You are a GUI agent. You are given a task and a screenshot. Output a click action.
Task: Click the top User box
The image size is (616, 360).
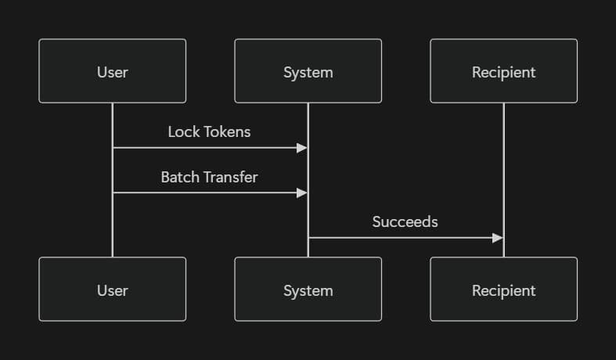click(112, 71)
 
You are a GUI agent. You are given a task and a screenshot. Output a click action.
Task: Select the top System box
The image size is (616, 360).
click(308, 71)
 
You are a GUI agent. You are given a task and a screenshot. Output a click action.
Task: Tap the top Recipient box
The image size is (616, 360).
click(503, 71)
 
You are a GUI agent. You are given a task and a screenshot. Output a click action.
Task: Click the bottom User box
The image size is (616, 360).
click(112, 290)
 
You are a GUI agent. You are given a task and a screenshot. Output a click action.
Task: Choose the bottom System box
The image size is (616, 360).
click(308, 290)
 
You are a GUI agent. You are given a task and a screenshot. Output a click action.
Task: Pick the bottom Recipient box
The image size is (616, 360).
click(503, 290)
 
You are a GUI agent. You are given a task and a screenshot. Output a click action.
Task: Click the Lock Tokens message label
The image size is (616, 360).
click(209, 131)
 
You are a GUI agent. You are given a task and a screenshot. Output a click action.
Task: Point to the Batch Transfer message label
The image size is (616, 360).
click(209, 177)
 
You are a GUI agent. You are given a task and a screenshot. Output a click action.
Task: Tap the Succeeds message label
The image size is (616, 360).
click(405, 221)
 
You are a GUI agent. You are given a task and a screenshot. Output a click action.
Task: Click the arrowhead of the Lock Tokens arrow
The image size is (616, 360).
click(302, 147)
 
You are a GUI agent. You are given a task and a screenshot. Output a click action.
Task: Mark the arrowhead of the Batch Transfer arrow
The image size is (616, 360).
click(302, 193)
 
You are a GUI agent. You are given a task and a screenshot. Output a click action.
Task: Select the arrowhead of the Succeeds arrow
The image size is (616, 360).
click(498, 238)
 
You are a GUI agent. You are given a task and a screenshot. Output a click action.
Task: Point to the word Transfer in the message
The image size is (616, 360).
click(229, 177)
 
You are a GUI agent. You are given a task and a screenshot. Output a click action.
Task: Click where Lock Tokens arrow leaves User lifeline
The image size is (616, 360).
click(113, 147)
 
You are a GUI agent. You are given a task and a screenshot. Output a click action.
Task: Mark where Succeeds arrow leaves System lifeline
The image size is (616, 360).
click(308, 238)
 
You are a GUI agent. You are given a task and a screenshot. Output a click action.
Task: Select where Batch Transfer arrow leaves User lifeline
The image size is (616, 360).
click(113, 193)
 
